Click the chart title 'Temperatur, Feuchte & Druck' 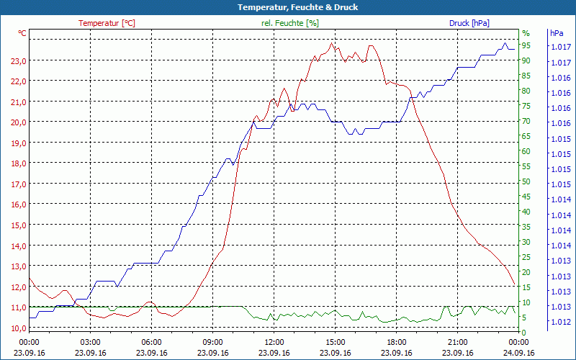coord(287,7)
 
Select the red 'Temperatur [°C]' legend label coord(107,23)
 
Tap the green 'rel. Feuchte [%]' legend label coord(289,23)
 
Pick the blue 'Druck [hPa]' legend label coord(469,23)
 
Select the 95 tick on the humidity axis coord(526,46)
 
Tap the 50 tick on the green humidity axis coord(526,181)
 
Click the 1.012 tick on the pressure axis coord(560,322)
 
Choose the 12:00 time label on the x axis coord(274,341)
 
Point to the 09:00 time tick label coord(213,341)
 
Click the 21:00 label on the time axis coord(458,341)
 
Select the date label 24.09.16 coord(519,353)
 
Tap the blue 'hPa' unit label coord(557,33)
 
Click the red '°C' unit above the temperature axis coord(22,33)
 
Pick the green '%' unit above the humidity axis coord(526,33)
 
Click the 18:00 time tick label coord(397,341)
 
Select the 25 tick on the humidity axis coord(526,257)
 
